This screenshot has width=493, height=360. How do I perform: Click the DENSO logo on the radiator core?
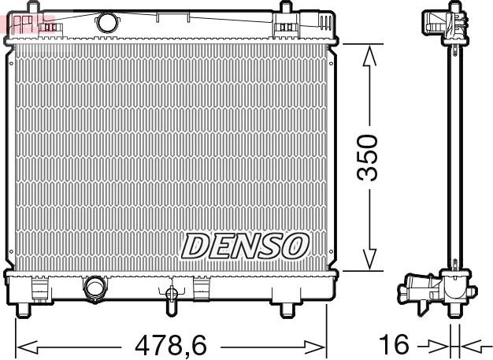243,246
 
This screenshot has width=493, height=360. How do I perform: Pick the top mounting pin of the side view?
454,8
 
